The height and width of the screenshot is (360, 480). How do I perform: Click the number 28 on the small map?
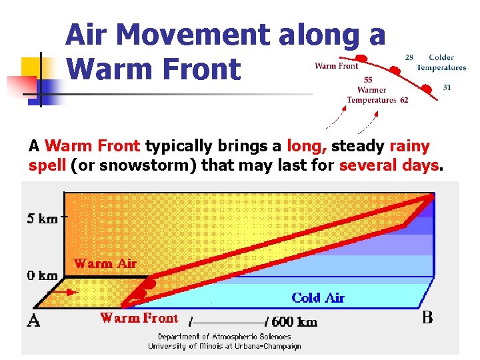pyautogui.click(x=409, y=57)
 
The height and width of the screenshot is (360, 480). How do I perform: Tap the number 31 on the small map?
pyautogui.click(x=446, y=87)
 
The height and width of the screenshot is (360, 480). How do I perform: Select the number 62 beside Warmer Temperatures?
pyautogui.click(x=404, y=100)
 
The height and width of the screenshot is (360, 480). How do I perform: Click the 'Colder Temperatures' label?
pyautogui.click(x=441, y=62)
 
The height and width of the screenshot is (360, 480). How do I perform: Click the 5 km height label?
pyautogui.click(x=42, y=218)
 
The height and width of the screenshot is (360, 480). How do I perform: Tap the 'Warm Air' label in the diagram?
pyautogui.click(x=105, y=263)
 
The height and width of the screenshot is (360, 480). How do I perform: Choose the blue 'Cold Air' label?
pyautogui.click(x=317, y=297)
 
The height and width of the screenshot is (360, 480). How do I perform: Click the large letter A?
pyautogui.click(x=33, y=321)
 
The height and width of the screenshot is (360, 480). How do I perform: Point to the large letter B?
pyautogui.click(x=427, y=317)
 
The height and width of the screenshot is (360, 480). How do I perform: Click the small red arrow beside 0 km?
pyautogui.click(x=67, y=292)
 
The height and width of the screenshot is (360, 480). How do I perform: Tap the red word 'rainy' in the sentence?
pyautogui.click(x=409, y=146)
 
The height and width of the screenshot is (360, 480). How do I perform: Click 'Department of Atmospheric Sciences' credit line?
pyautogui.click(x=224, y=337)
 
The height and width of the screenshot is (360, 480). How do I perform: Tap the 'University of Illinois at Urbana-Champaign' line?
pyautogui.click(x=224, y=346)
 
